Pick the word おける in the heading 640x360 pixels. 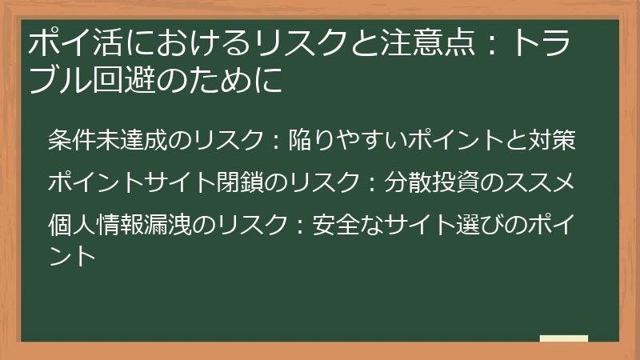195,43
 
